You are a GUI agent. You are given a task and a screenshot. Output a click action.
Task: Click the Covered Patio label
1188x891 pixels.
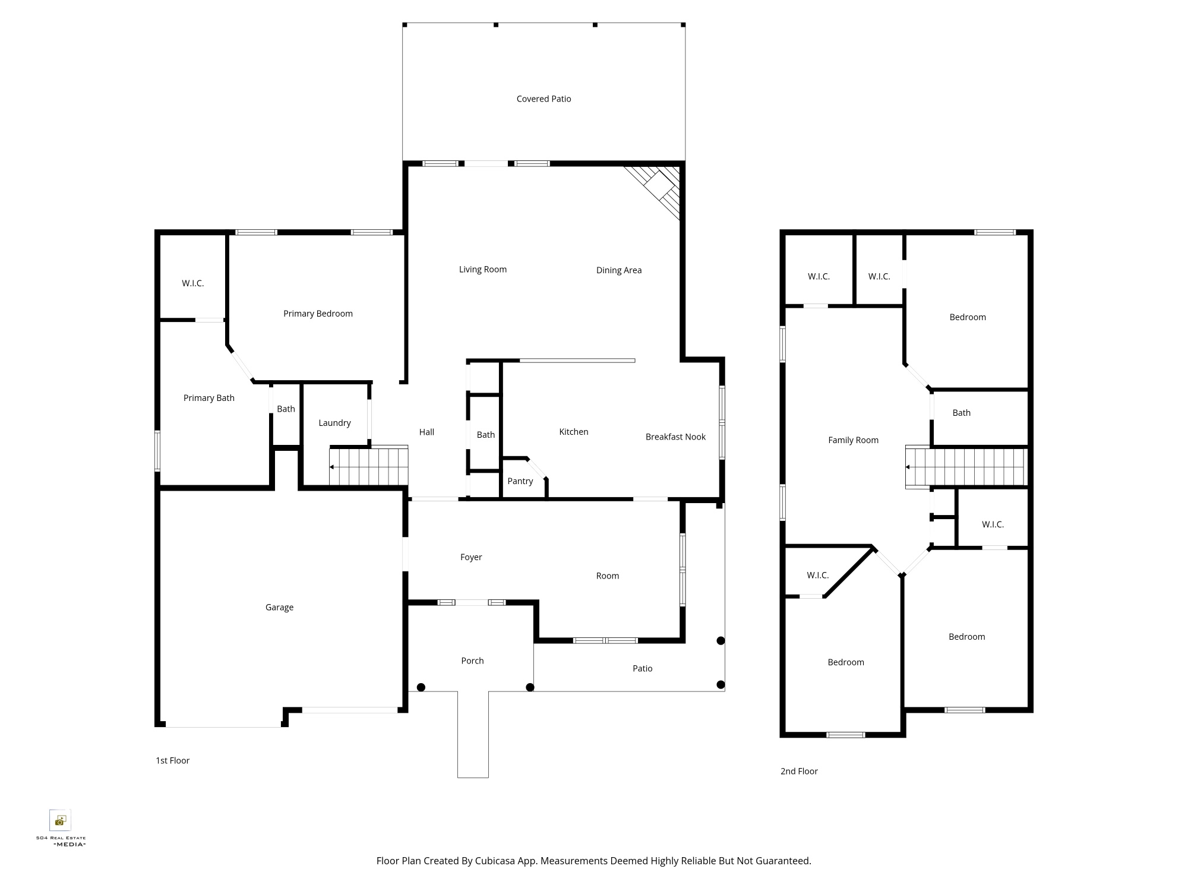click(544, 99)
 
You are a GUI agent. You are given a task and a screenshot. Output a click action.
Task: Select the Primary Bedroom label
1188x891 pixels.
click(318, 314)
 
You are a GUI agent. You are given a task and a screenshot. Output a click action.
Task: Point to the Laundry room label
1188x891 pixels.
click(334, 423)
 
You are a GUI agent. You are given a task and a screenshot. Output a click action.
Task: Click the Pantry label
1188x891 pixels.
click(520, 481)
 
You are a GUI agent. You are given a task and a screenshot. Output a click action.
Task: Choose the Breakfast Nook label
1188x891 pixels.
click(675, 437)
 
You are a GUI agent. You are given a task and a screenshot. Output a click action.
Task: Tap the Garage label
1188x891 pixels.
click(279, 607)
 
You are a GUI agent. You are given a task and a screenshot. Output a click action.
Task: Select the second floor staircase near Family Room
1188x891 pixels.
click(966, 467)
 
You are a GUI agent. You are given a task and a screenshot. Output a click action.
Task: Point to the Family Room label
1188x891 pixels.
click(853, 440)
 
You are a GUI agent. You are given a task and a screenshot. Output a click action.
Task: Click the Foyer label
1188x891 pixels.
click(471, 557)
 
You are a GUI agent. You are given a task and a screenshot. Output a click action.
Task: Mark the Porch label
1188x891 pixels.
click(472, 661)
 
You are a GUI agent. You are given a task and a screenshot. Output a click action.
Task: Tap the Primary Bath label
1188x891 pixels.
click(208, 398)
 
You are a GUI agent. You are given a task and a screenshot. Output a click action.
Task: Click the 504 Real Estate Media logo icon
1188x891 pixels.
click(60, 820)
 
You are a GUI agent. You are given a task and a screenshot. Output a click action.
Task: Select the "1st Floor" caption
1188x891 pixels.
click(172, 760)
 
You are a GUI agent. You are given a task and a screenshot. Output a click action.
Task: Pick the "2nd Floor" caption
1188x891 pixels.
click(799, 771)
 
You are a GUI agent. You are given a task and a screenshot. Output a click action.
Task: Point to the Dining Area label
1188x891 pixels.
click(619, 270)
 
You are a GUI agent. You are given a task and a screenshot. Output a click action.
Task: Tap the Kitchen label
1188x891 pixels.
click(574, 432)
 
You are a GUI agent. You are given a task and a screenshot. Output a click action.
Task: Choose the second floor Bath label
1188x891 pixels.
click(961, 413)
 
